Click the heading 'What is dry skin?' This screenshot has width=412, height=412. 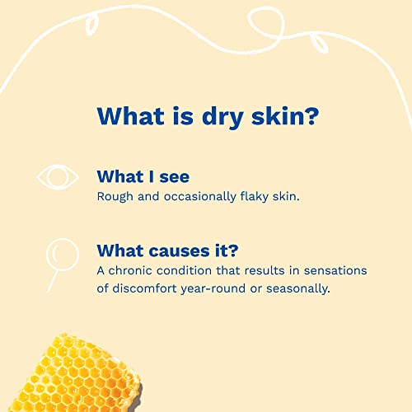pyautogui.click(x=206, y=115)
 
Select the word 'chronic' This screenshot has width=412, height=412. pyautogui.click(x=133, y=270)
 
